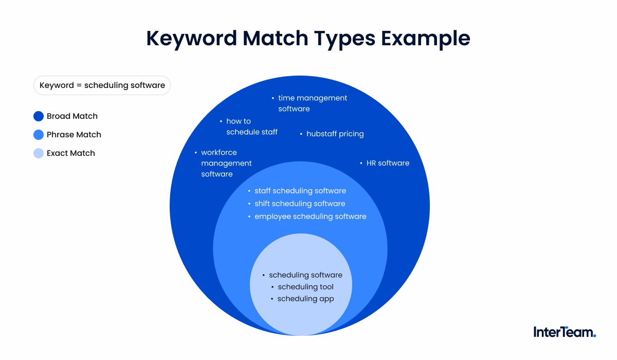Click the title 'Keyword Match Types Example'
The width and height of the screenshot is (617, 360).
(308, 39)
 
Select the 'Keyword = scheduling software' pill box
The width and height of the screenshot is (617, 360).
(102, 85)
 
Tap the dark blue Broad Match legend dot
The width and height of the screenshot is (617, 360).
(39, 116)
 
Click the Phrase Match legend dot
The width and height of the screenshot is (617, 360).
(39, 135)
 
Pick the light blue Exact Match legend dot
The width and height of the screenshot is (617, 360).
(39, 153)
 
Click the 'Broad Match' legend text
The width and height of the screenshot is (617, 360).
(72, 116)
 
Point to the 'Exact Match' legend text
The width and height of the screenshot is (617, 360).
(71, 153)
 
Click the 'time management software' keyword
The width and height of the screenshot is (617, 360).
(313, 103)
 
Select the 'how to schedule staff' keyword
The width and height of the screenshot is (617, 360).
(251, 127)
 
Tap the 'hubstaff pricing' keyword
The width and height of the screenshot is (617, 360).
(335, 134)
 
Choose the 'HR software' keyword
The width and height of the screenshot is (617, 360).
(388, 163)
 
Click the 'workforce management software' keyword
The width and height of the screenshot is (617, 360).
(226, 163)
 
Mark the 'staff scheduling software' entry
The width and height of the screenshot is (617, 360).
(300, 191)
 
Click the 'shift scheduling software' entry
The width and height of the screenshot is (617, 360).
(300, 204)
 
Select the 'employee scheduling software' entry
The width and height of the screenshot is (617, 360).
(310, 217)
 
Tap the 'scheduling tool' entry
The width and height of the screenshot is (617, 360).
(305, 287)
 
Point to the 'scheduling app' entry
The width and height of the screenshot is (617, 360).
(305, 299)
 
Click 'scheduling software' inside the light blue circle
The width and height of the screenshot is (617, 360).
(305, 275)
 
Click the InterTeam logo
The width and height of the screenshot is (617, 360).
(565, 332)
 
